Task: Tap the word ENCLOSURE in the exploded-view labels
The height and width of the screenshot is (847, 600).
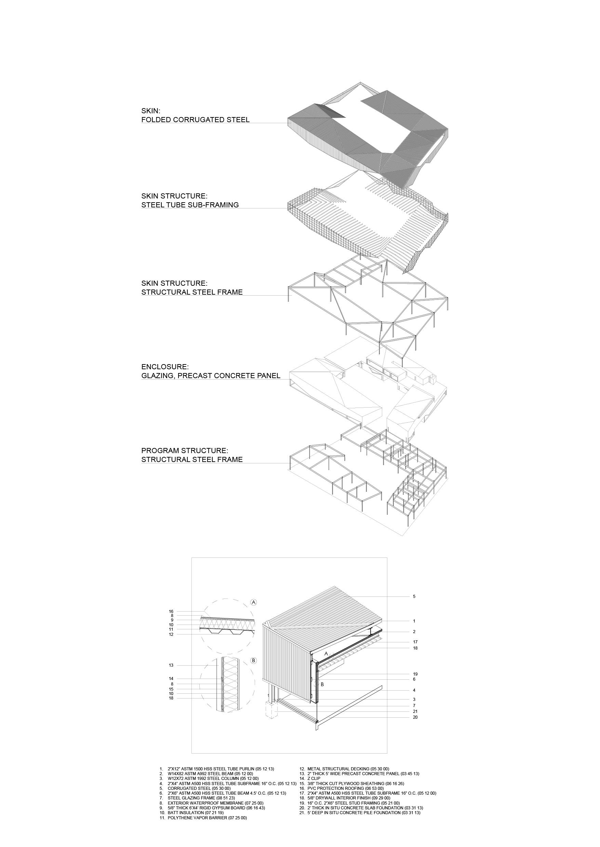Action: (x=165, y=367)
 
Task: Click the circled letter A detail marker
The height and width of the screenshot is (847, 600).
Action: (x=254, y=602)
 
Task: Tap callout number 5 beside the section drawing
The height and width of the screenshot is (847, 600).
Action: (x=414, y=596)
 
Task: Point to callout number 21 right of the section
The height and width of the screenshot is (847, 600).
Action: (x=415, y=711)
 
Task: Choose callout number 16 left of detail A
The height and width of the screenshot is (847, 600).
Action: (x=171, y=612)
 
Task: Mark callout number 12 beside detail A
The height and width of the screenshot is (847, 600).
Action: (x=171, y=634)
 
